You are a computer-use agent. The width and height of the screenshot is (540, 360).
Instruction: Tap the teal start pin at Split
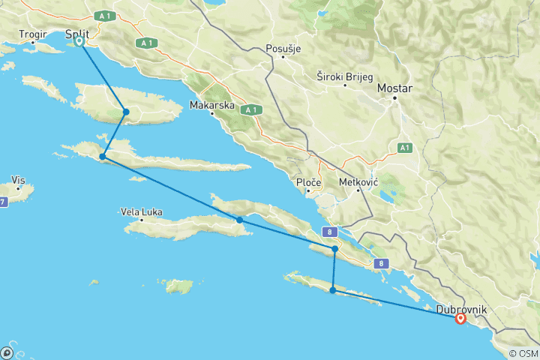[79, 42]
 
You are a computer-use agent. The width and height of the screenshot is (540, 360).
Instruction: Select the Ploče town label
[309, 182]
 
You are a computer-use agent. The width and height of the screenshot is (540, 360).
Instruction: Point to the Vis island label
[19, 180]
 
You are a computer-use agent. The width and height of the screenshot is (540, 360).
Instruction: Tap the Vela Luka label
[142, 211]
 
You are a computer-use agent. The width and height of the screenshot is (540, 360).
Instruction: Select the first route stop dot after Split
[126, 112]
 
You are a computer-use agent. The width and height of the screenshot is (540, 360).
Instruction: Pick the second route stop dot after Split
[102, 157]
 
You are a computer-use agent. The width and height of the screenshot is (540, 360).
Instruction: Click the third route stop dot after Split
[239, 220]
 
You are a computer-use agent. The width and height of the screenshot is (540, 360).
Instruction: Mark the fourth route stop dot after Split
[334, 248]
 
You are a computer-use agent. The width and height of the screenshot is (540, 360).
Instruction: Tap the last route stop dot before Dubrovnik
[332, 289]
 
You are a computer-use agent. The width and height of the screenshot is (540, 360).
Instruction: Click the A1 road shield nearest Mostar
[404, 146]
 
